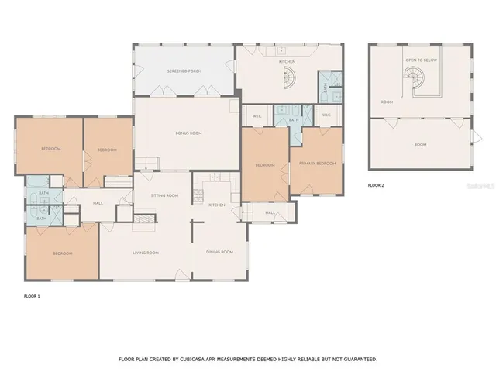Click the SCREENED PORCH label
coord(184,71)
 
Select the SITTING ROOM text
coord(164,195)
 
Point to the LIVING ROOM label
coord(146,252)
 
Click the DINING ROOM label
coord(219,252)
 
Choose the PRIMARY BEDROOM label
coord(318,164)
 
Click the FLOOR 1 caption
coord(32,297)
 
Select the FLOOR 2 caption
coord(376,186)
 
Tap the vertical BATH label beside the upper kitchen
coord(325,89)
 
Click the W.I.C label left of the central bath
coord(257,116)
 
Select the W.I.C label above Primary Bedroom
coord(325,115)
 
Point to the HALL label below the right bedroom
coord(270,212)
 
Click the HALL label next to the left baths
coord(98,203)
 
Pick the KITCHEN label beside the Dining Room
coord(217,205)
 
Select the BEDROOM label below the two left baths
coord(63,254)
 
